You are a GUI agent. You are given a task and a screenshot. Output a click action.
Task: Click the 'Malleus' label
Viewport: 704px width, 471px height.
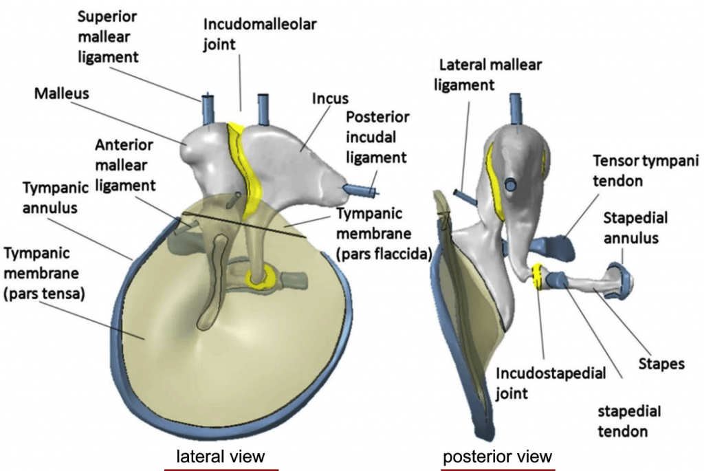(x=61, y=94)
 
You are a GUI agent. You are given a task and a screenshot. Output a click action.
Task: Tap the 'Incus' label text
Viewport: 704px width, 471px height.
(x=330, y=98)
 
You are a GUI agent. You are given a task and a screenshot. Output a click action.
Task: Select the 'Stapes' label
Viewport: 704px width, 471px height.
(x=661, y=364)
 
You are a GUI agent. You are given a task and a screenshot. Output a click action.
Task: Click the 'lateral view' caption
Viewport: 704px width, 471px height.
(x=221, y=456)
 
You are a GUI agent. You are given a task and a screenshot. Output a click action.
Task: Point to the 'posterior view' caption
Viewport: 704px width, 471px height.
(x=498, y=457)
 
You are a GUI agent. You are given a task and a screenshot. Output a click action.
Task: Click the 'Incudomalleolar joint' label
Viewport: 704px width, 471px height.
(x=260, y=34)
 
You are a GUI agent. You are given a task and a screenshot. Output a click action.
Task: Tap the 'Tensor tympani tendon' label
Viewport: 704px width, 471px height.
(x=646, y=171)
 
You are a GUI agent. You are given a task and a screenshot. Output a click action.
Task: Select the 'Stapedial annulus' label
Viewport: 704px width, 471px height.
(x=635, y=228)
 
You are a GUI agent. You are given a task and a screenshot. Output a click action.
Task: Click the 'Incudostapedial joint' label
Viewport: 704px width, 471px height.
(x=551, y=383)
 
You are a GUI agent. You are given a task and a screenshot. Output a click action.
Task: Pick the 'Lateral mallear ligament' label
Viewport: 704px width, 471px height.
(x=488, y=74)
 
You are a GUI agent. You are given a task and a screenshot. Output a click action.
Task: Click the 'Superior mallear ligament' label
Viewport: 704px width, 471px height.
(x=108, y=37)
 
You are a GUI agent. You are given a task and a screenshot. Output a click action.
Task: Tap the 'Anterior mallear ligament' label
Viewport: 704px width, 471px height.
(x=125, y=165)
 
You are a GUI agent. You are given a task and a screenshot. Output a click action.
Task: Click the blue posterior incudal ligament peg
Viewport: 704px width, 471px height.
(x=360, y=190)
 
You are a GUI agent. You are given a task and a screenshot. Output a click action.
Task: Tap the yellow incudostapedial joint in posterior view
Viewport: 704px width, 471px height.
(x=536, y=276)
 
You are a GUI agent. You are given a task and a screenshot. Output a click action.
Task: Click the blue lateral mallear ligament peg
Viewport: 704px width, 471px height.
(x=465, y=197)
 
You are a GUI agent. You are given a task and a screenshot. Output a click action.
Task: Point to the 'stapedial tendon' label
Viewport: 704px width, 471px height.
(x=629, y=421)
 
